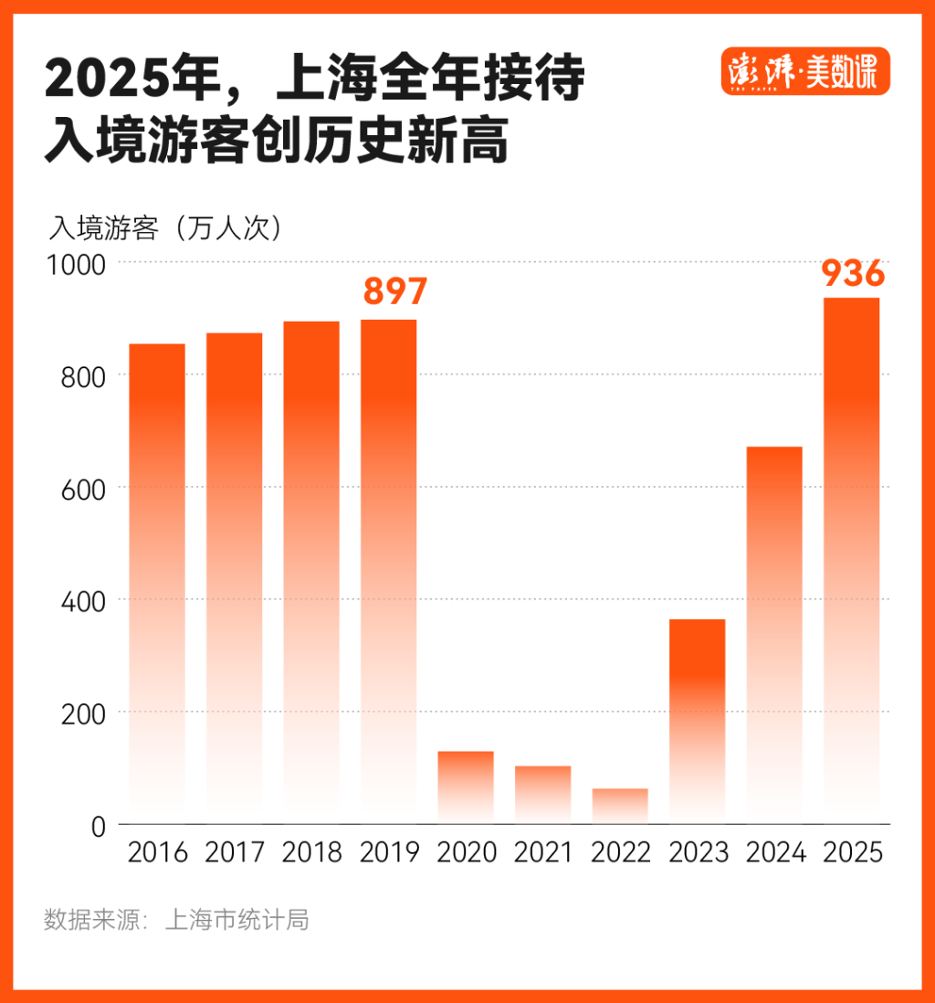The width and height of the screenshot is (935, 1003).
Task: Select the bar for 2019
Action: point(388,571)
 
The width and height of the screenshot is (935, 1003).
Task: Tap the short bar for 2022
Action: point(620,806)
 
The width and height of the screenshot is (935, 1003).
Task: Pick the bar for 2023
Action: point(697,721)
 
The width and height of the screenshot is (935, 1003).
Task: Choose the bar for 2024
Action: point(774,635)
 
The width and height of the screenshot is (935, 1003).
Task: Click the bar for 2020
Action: point(466,787)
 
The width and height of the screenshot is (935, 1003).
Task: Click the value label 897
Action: point(394,291)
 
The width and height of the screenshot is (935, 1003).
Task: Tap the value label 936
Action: point(853,272)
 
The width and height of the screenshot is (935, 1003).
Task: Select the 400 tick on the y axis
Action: point(84,600)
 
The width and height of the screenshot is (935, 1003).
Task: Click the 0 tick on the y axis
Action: point(99,825)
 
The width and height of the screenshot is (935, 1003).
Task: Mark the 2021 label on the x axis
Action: point(543,853)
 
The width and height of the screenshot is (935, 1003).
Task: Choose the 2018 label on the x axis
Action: point(311,853)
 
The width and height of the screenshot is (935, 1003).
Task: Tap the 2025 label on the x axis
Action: point(853,853)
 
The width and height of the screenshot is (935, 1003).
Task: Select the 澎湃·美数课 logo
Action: point(804,71)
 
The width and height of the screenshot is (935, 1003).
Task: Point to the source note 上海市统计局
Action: point(236,919)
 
